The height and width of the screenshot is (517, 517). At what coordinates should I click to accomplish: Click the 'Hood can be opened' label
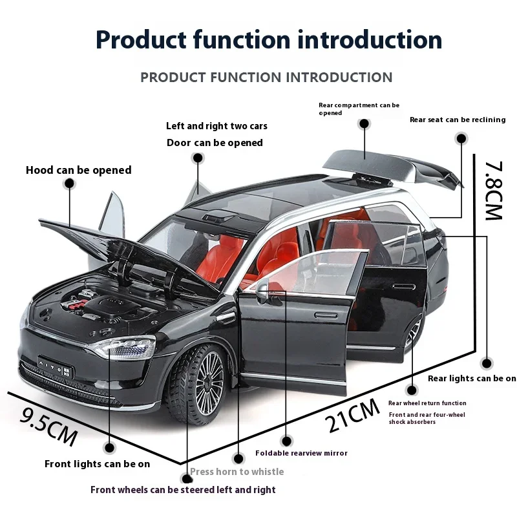(78, 171)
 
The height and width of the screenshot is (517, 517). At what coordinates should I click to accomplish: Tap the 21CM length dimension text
(353, 415)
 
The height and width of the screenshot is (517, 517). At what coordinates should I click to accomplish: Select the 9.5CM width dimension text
(48, 425)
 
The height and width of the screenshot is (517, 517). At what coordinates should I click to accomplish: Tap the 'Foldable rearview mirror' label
(301, 453)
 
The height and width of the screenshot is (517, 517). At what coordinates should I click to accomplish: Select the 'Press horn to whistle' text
(237, 472)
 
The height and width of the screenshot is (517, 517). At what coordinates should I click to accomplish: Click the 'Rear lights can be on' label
(472, 378)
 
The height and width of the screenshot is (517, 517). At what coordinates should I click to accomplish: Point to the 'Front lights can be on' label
(97, 463)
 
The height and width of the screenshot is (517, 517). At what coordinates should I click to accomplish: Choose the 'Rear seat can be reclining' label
(457, 120)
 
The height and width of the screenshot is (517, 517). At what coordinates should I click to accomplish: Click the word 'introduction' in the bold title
(370, 39)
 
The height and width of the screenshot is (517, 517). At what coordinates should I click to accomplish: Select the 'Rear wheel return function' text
(427, 403)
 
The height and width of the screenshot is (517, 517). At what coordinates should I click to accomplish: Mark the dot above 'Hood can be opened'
(69, 184)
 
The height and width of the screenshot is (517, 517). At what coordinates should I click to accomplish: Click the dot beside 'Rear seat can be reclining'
(461, 138)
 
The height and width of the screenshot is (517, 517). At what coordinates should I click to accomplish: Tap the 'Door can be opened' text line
(215, 143)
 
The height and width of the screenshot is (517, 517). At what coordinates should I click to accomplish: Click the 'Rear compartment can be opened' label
(359, 109)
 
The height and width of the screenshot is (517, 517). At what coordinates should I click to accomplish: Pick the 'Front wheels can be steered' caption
(183, 490)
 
